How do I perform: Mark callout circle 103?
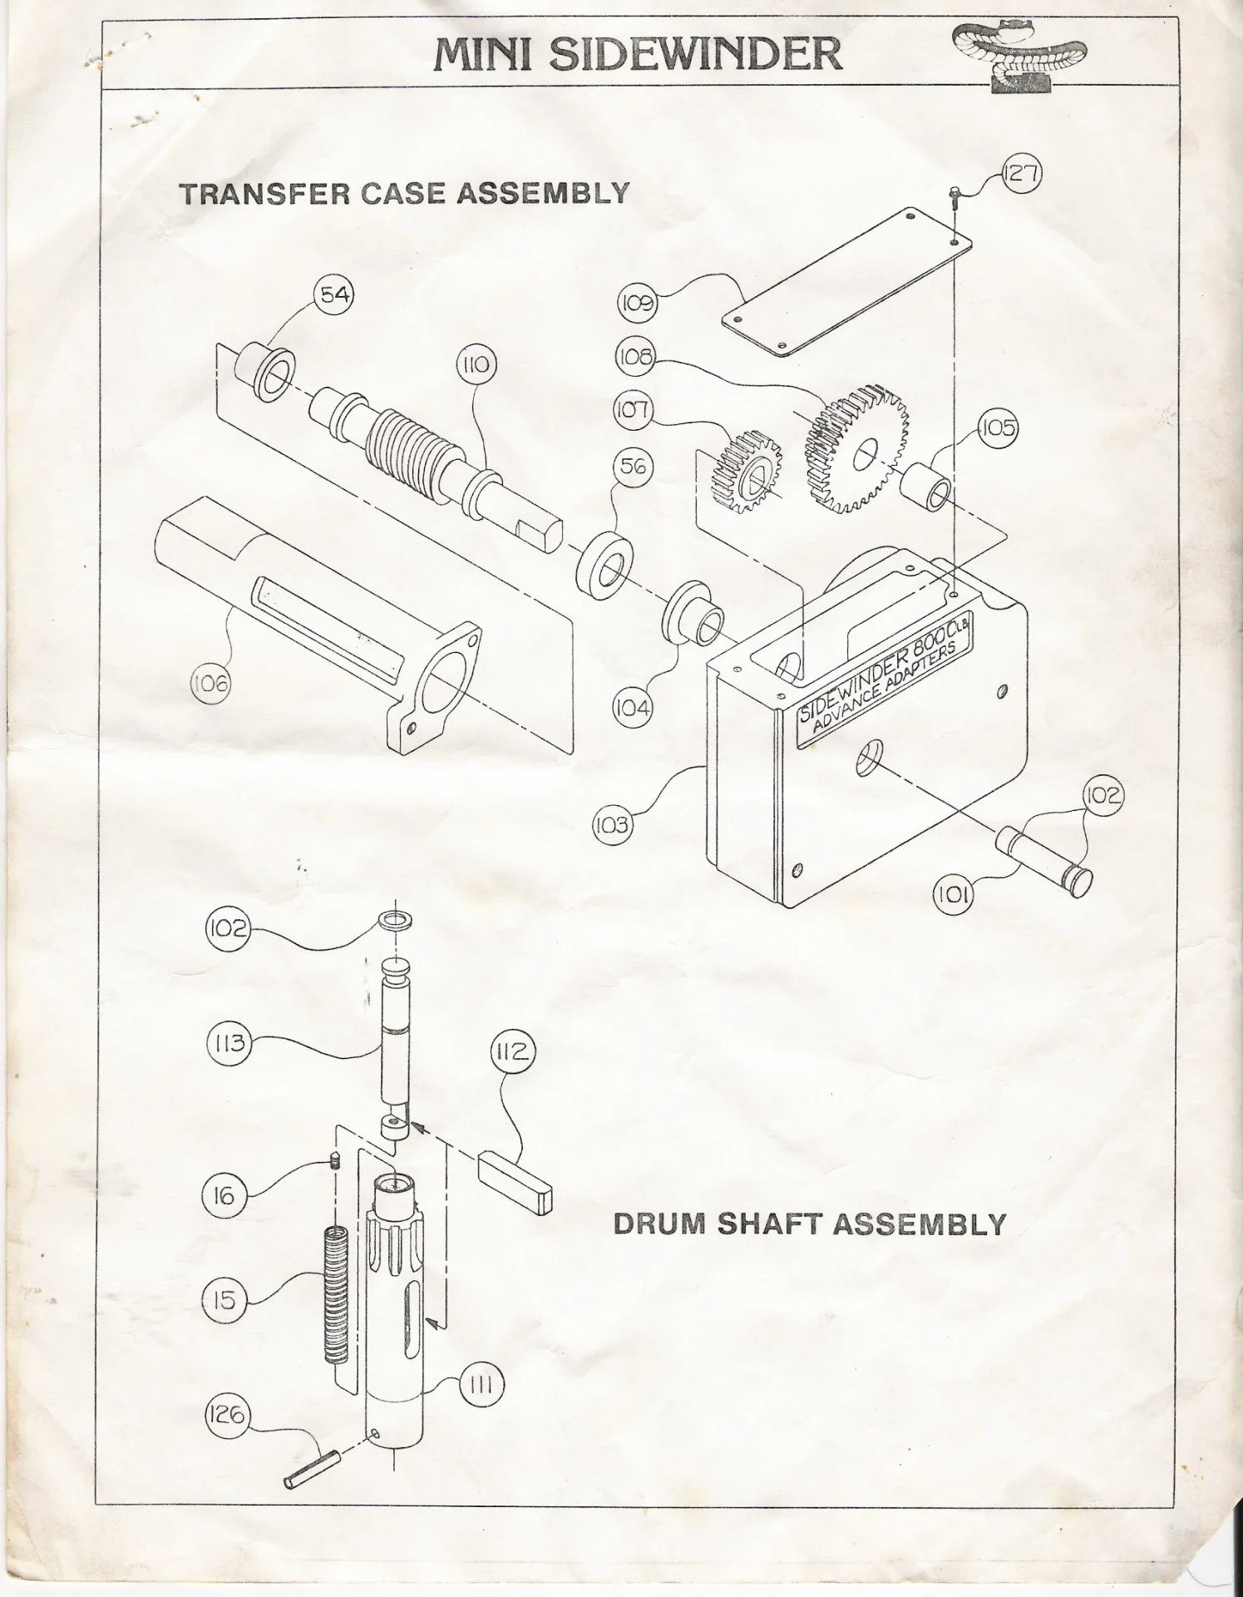(x=611, y=826)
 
